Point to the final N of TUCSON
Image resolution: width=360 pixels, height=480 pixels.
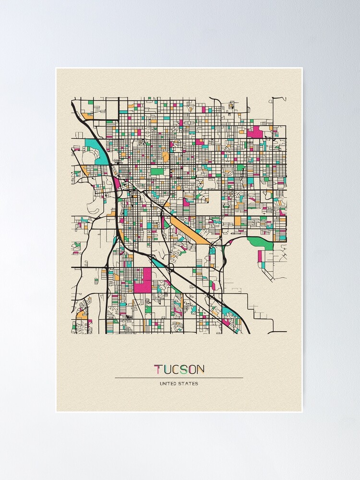coord(200,369)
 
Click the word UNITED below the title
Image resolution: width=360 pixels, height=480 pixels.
coord(168,384)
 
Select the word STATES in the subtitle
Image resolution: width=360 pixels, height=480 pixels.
coord(189,384)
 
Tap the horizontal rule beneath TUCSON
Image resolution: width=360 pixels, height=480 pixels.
coord(179,378)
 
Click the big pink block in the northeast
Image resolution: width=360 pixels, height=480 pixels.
coord(255,132)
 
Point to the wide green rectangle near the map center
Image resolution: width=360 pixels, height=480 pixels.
coord(157,171)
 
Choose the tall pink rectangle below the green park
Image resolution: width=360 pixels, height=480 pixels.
coord(260,256)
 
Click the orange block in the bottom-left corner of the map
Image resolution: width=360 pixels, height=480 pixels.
coord(82,315)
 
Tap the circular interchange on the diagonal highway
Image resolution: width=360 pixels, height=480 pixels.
coord(170,267)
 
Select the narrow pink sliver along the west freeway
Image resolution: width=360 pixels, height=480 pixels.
coord(116,183)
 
